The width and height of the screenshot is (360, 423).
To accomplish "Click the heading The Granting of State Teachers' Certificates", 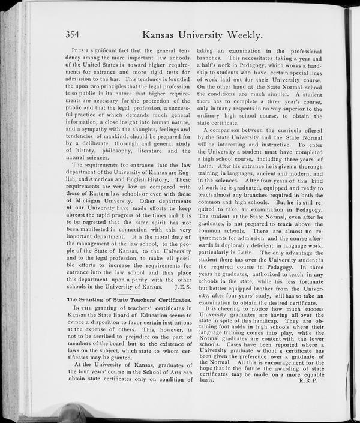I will (128, 298).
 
